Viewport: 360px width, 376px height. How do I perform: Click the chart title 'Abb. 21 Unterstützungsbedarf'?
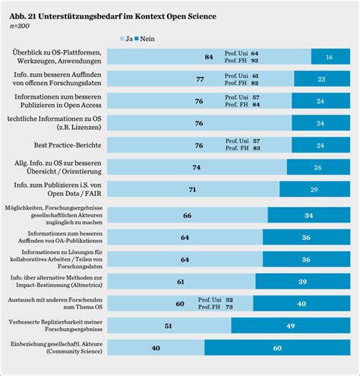pyautogui.click(x=112, y=15)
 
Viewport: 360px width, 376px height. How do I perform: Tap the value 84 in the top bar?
pyautogui.click(x=208, y=57)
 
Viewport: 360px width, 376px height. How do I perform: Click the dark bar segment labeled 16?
pyautogui.click(x=328, y=57)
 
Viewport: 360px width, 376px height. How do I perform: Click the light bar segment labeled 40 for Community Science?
pyautogui.click(x=155, y=348)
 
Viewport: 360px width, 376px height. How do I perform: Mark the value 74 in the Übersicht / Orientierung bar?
pyautogui.click(x=196, y=167)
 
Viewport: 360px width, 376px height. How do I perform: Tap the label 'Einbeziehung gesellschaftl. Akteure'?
pyautogui.click(x=54, y=344)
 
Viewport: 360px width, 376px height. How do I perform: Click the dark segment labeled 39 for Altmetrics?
pyautogui.click(x=302, y=282)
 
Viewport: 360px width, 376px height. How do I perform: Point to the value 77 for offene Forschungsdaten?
pyautogui.click(x=200, y=79)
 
